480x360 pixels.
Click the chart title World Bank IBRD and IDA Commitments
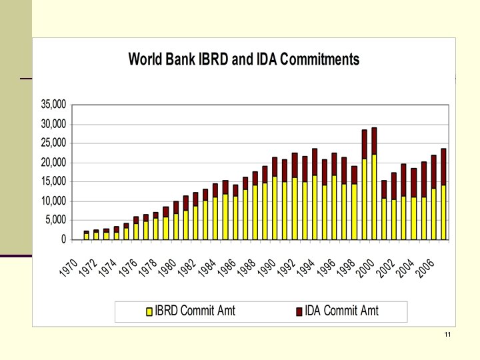[x=243, y=59]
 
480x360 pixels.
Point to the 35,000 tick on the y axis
[x=54, y=105]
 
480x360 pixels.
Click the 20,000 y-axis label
[x=54, y=163]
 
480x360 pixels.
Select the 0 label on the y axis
[x=63, y=239]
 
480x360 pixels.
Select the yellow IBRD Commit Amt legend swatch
[x=149, y=311]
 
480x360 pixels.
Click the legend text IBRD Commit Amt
[x=195, y=311]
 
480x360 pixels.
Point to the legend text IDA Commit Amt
[x=341, y=311]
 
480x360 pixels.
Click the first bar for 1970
[x=86, y=235]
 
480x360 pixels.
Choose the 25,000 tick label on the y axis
[x=54, y=143]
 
